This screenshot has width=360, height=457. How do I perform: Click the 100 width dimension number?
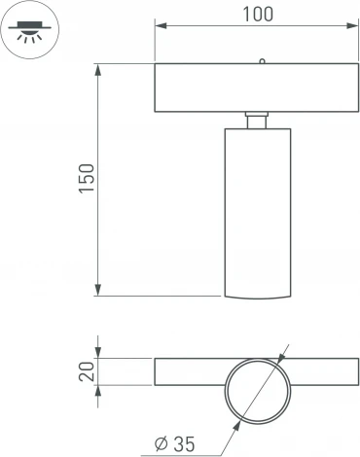click(258, 15)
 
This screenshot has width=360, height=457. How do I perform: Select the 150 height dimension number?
click(87, 179)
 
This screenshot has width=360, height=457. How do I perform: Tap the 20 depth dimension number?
click(87, 371)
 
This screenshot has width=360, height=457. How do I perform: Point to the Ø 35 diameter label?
click(175, 444)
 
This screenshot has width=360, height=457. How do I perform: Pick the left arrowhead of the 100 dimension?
click(161, 25)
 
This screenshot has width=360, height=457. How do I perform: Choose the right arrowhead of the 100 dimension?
click(352, 25)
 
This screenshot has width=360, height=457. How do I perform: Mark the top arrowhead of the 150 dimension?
click(98, 70)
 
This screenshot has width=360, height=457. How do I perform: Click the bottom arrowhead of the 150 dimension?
click(98, 290)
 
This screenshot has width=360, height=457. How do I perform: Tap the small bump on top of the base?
click(262, 61)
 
